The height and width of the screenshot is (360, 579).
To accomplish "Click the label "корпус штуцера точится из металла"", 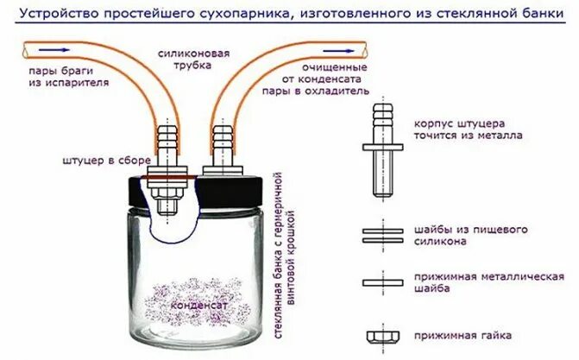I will point(466,129).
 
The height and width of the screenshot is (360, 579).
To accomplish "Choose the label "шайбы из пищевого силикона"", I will point(470,236).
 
